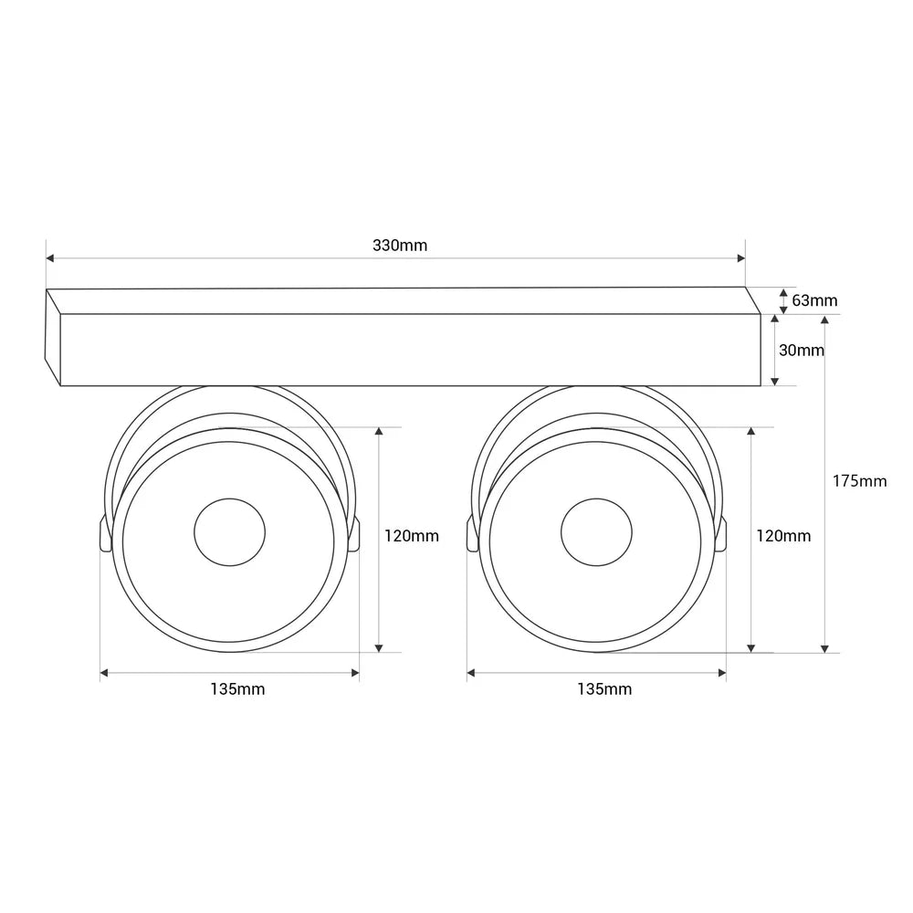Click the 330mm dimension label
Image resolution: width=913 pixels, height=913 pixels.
(x=400, y=245)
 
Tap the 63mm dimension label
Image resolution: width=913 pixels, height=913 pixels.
(x=814, y=300)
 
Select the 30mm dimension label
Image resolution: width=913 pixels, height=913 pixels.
(x=802, y=350)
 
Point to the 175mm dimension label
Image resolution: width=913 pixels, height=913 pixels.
(x=859, y=481)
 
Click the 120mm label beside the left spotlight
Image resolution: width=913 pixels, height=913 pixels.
(x=411, y=536)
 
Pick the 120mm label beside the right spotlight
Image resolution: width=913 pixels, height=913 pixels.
(x=783, y=536)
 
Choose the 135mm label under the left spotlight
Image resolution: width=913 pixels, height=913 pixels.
(x=237, y=688)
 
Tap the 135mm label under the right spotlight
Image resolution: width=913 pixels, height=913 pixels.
(x=604, y=688)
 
